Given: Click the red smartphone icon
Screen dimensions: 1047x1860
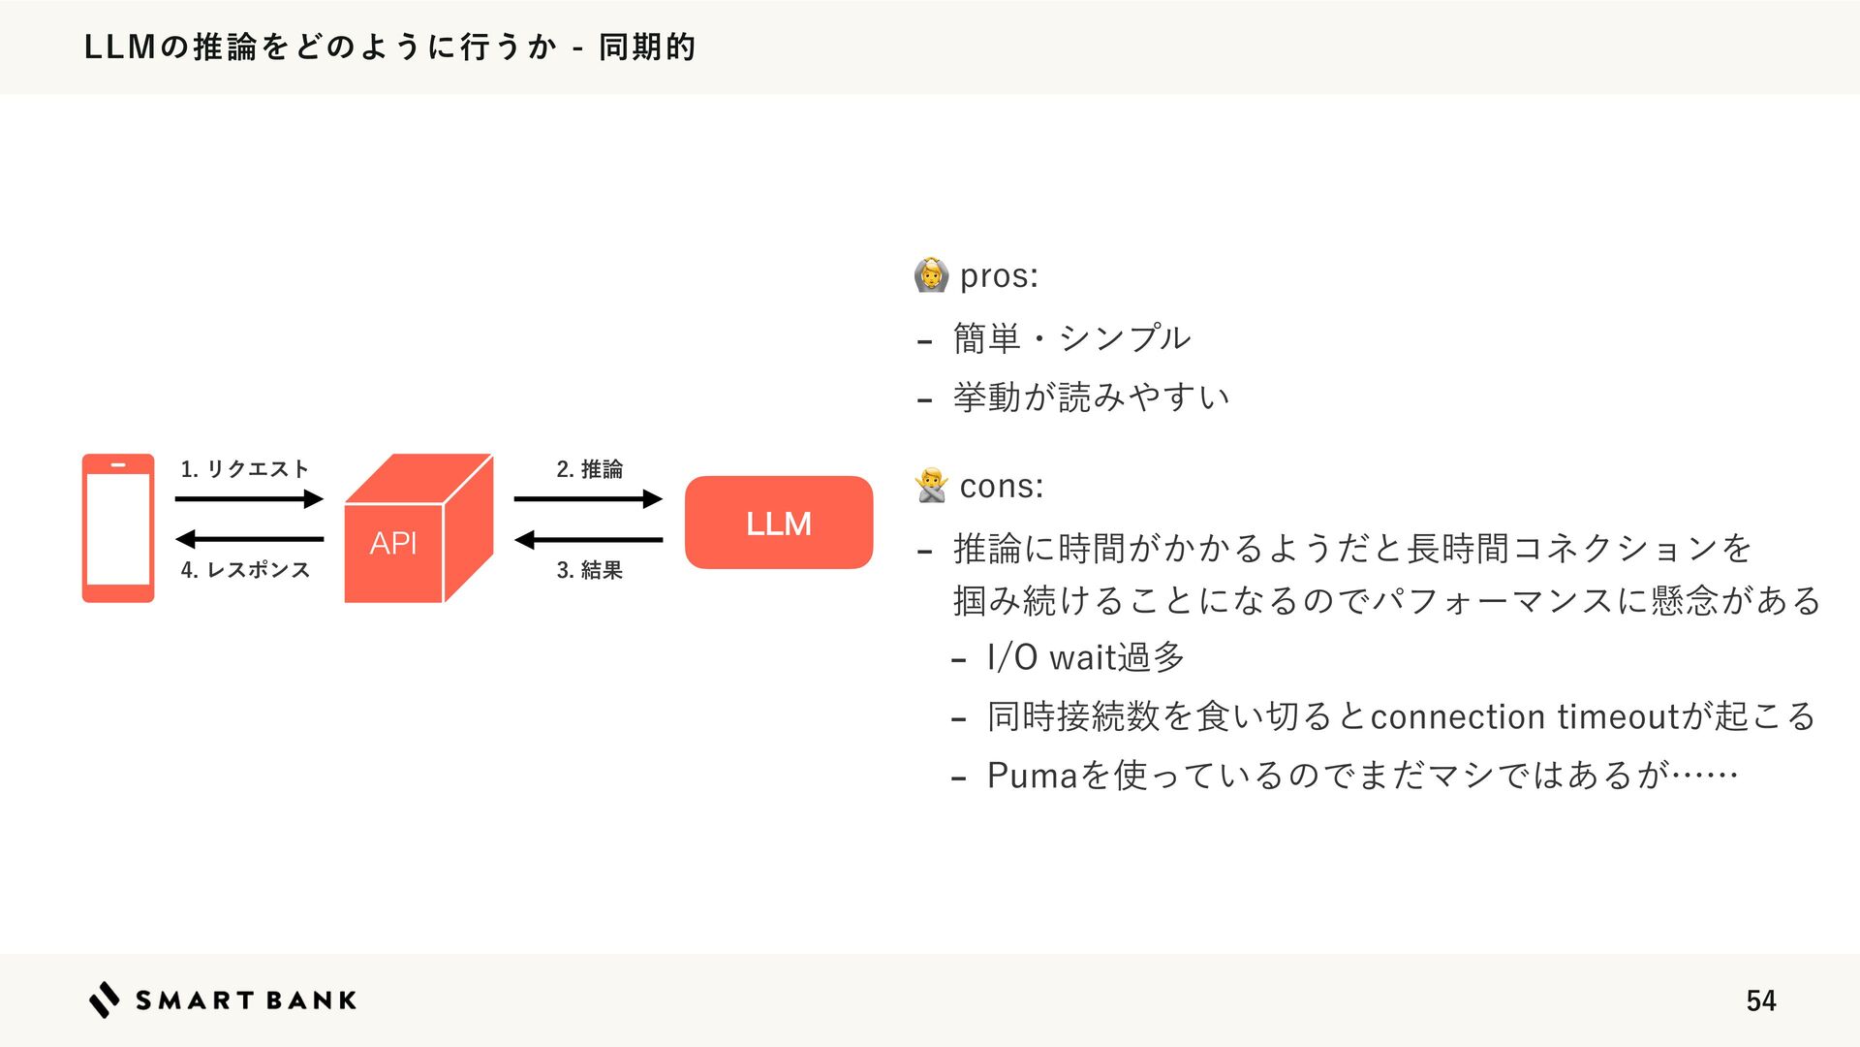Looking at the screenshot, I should [x=118, y=528].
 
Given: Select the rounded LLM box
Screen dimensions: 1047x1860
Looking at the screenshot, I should [x=779, y=523].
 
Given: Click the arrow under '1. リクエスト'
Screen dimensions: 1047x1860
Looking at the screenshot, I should [x=249, y=499].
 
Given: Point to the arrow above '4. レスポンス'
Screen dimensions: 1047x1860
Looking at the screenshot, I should [x=249, y=539].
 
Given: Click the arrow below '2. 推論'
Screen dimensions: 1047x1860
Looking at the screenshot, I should [x=588, y=499].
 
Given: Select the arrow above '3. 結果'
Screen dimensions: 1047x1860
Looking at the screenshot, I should [x=588, y=539].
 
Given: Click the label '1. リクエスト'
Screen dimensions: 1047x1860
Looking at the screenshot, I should [x=244, y=469].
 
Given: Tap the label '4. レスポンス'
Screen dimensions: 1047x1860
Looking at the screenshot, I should [x=245, y=570].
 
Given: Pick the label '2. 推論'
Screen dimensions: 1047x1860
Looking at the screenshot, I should [x=589, y=469].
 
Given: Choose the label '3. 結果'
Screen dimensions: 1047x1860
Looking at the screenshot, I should [x=589, y=570].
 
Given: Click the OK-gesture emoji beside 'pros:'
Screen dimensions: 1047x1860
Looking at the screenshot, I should [x=930, y=275].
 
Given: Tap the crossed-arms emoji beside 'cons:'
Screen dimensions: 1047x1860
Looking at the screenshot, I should [x=931, y=485].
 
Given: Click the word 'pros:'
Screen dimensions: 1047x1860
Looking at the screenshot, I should [x=999, y=276].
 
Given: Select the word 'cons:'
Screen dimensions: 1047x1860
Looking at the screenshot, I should [x=1002, y=486].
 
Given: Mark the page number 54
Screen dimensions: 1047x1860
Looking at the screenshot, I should [x=1760, y=1000].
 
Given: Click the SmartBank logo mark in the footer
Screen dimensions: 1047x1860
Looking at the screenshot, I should [x=105, y=999].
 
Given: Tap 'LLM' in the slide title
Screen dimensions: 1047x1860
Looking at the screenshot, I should [x=120, y=47].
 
